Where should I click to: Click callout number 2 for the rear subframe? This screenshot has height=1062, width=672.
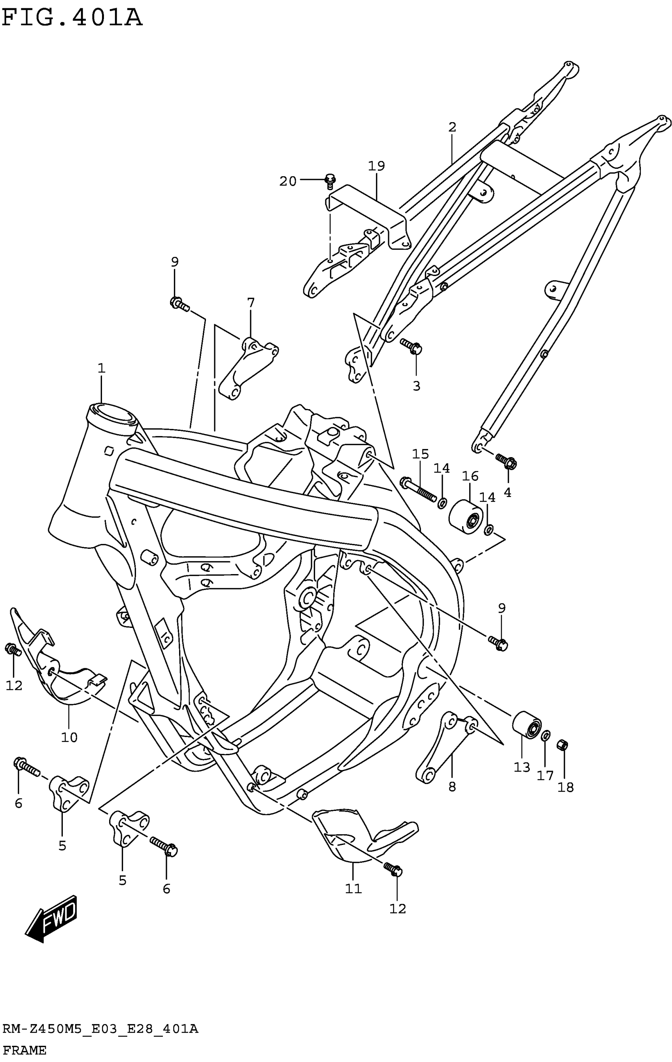point(452,127)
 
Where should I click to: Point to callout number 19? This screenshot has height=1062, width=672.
point(376,166)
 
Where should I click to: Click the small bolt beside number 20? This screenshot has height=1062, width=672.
point(329,181)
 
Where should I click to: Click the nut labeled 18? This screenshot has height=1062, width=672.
point(563,745)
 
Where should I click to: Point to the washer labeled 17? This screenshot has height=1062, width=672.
point(546,736)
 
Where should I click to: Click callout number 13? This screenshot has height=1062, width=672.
point(522,768)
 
